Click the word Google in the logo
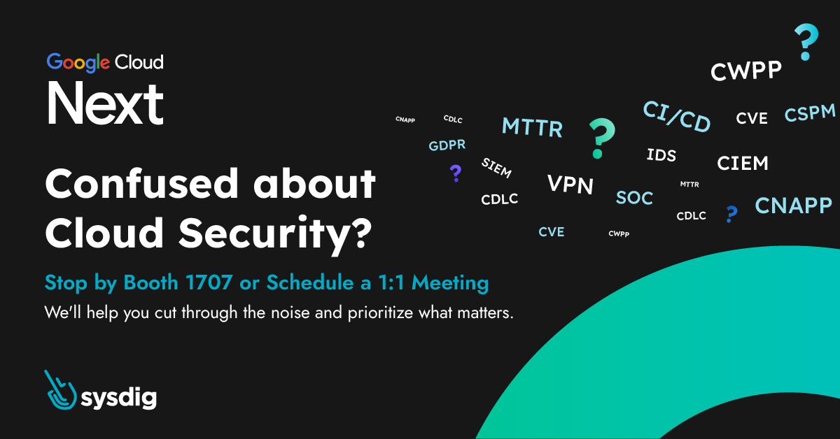(x=78, y=62)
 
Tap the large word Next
(x=106, y=103)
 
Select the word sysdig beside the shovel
(x=119, y=398)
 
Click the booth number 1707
(x=209, y=282)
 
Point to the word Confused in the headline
(x=141, y=184)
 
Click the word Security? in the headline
(x=275, y=233)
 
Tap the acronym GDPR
(x=447, y=145)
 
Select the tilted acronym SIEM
(x=496, y=168)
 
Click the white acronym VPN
(x=570, y=185)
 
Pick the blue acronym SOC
(x=634, y=198)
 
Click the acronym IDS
(x=661, y=155)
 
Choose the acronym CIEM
(x=743, y=164)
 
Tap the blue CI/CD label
(x=677, y=117)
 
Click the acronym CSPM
(x=810, y=113)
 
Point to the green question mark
(x=601, y=138)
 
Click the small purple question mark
(x=456, y=173)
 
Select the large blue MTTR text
(x=532, y=127)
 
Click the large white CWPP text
(x=746, y=71)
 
